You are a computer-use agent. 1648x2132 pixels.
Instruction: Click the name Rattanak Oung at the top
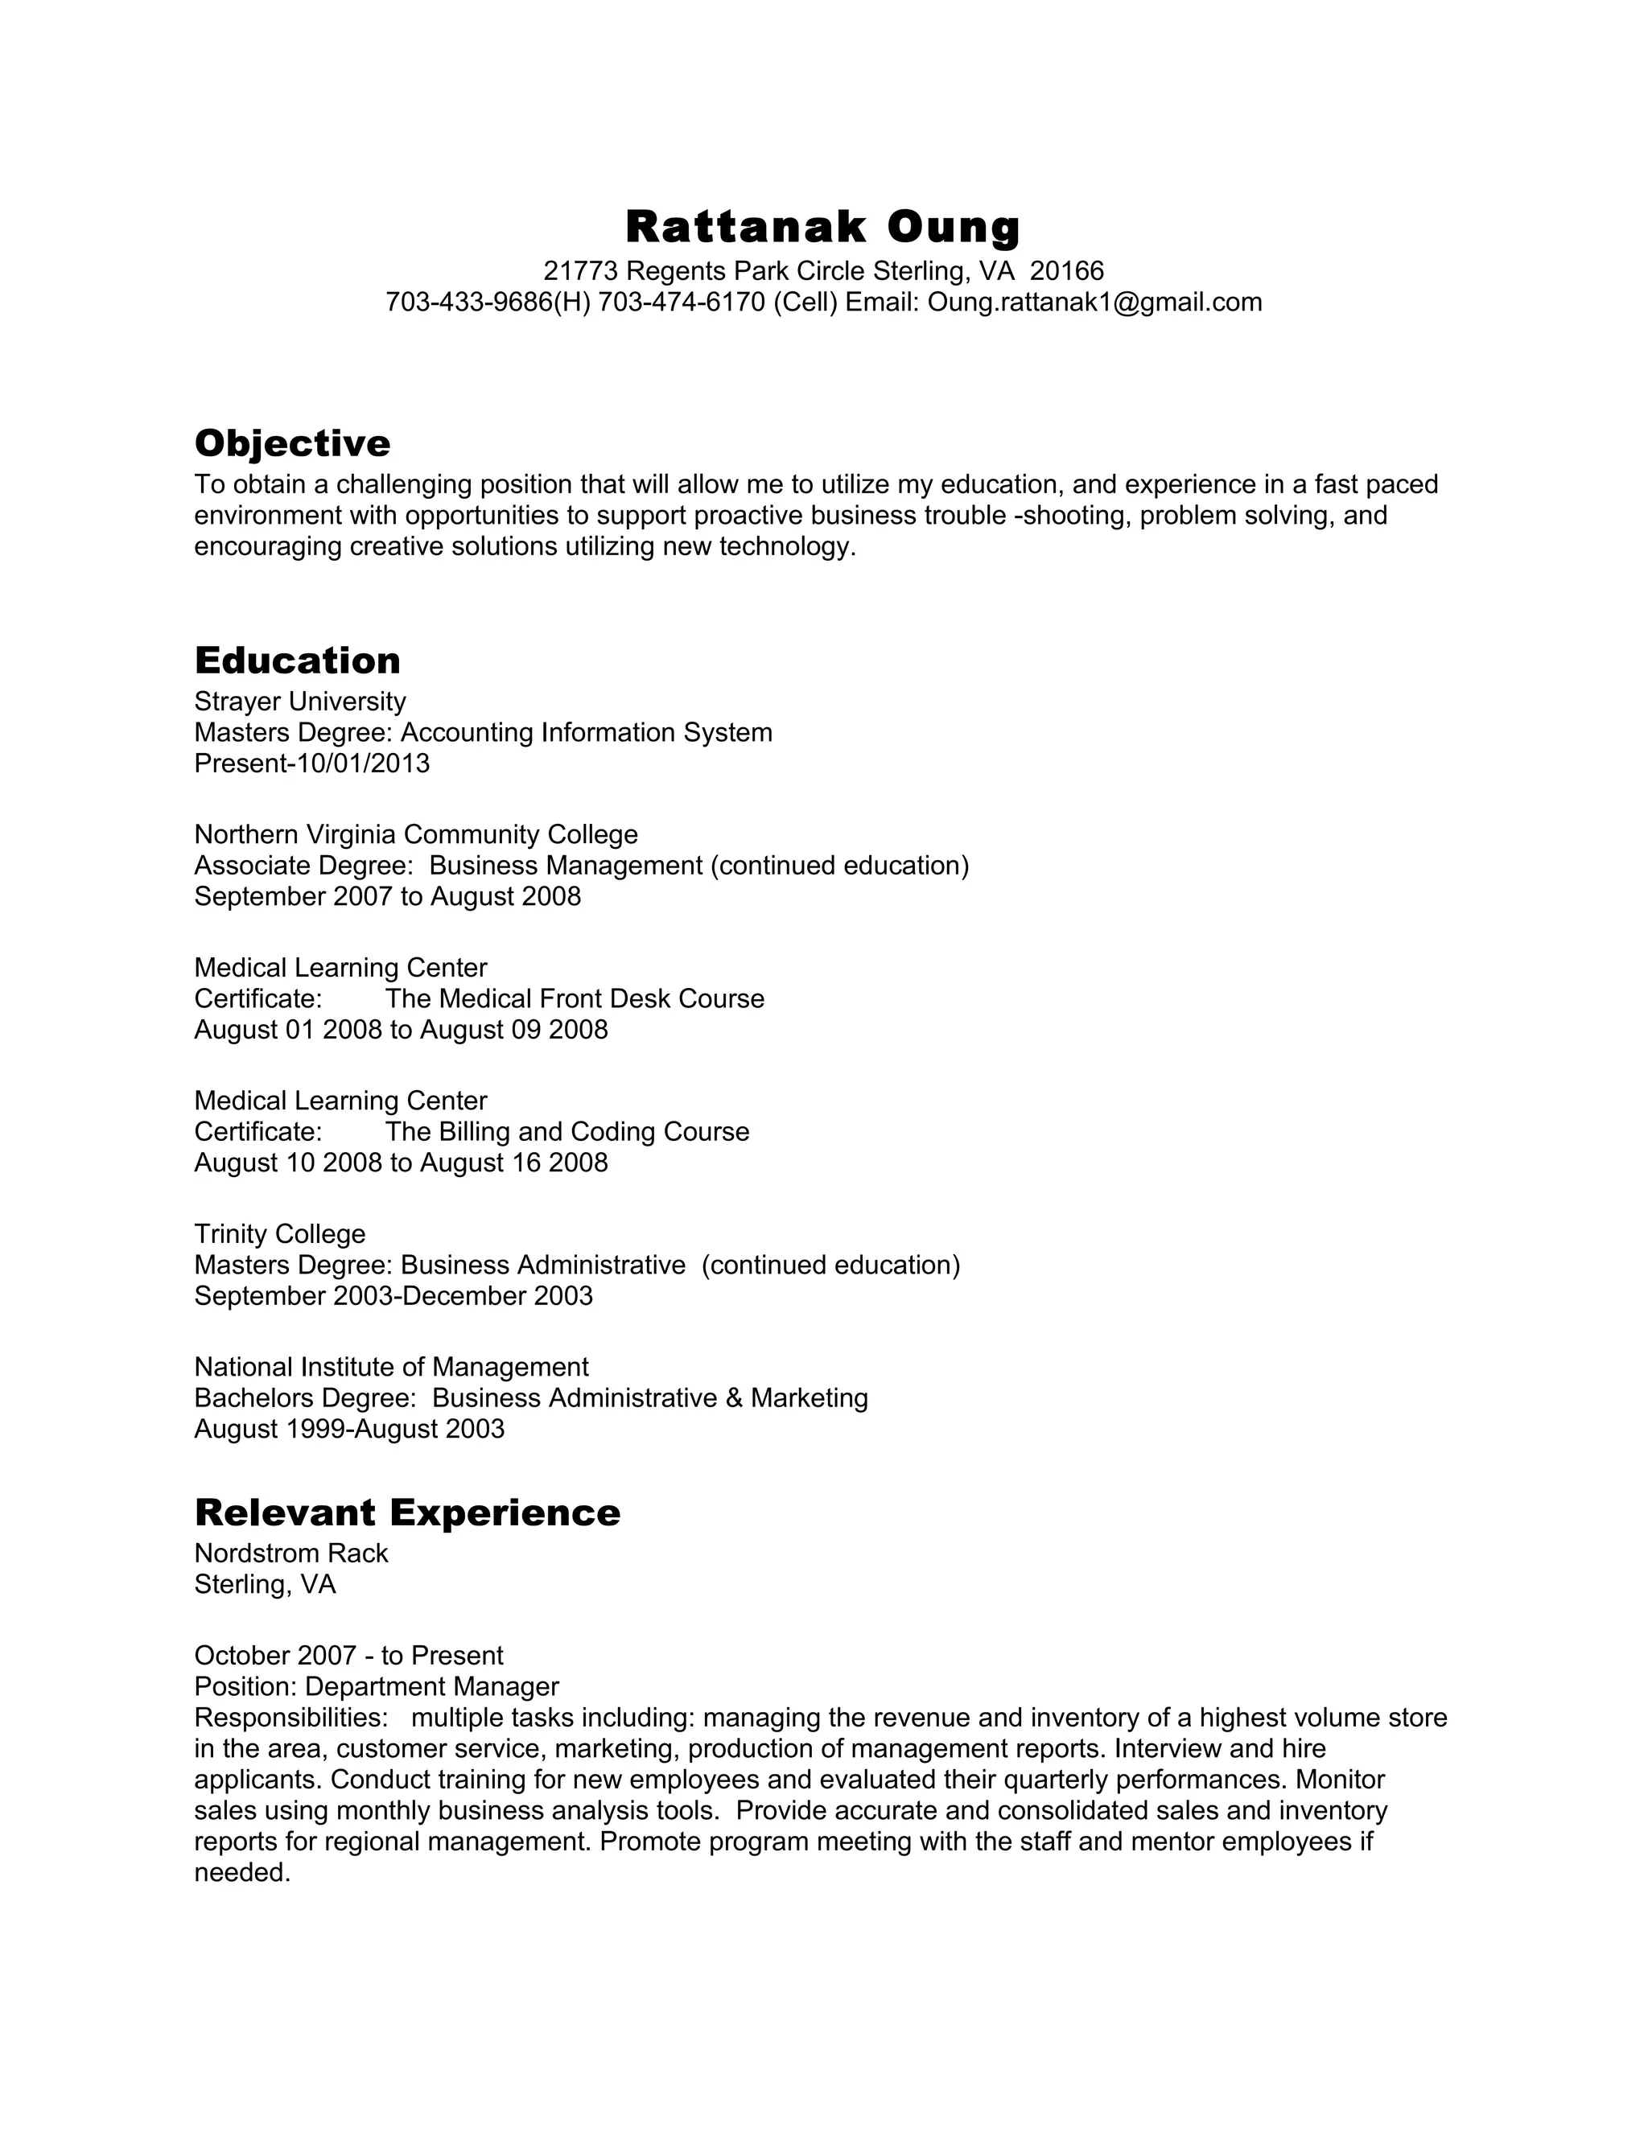[823, 227]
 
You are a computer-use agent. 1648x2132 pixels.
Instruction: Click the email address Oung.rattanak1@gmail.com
[1094, 303]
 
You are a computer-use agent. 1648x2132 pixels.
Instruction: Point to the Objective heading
[292, 443]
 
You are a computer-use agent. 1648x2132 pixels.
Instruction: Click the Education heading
[297, 661]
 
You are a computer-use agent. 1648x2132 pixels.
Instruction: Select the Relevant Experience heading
[407, 1513]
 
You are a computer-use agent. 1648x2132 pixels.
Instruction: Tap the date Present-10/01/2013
[311, 763]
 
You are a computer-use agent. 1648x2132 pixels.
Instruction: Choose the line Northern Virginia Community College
[416, 834]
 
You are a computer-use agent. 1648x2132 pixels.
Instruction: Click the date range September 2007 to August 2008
[388, 896]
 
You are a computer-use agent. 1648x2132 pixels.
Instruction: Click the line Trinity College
[280, 1234]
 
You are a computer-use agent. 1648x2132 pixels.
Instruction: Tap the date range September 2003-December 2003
[393, 1296]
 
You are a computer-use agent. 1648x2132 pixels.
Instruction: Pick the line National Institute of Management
[392, 1367]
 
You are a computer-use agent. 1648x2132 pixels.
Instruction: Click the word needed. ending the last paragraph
[243, 1872]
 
